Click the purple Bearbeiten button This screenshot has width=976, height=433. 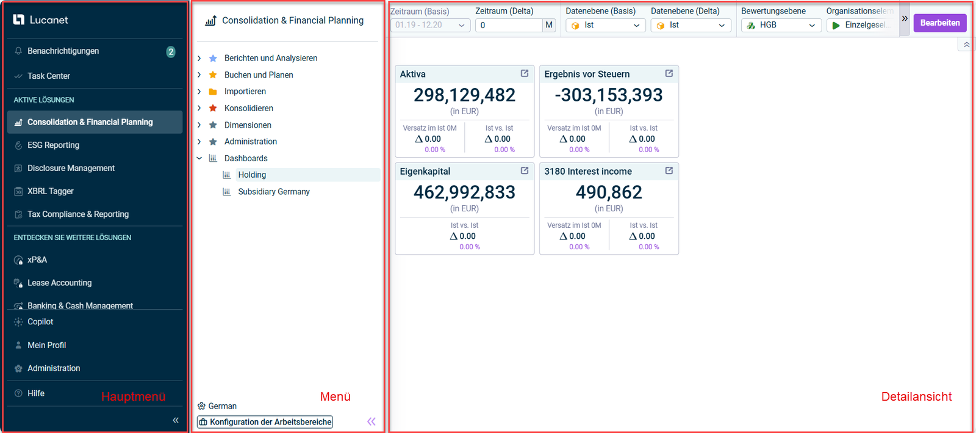point(939,23)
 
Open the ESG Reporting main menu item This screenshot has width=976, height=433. point(53,145)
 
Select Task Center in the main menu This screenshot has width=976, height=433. point(49,76)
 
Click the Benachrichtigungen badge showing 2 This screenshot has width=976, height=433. point(171,52)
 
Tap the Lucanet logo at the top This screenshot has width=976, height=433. point(40,20)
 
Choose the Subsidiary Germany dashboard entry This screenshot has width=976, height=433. point(274,192)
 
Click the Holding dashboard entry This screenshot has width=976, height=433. point(252,175)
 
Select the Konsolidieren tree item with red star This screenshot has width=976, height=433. point(248,108)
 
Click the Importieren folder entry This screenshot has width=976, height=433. point(245,92)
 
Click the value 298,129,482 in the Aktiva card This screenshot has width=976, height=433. point(464,95)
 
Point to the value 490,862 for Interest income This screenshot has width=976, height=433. point(609,193)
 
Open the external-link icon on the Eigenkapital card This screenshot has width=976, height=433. point(525,171)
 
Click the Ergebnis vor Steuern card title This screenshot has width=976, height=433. point(587,75)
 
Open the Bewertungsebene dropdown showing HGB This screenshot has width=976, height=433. point(781,26)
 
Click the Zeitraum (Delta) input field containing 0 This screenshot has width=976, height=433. point(509,26)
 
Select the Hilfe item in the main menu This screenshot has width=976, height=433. point(36,393)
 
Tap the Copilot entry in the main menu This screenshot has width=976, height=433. point(40,322)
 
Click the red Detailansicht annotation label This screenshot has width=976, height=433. point(916,397)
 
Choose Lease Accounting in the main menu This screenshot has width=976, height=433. point(59,283)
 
